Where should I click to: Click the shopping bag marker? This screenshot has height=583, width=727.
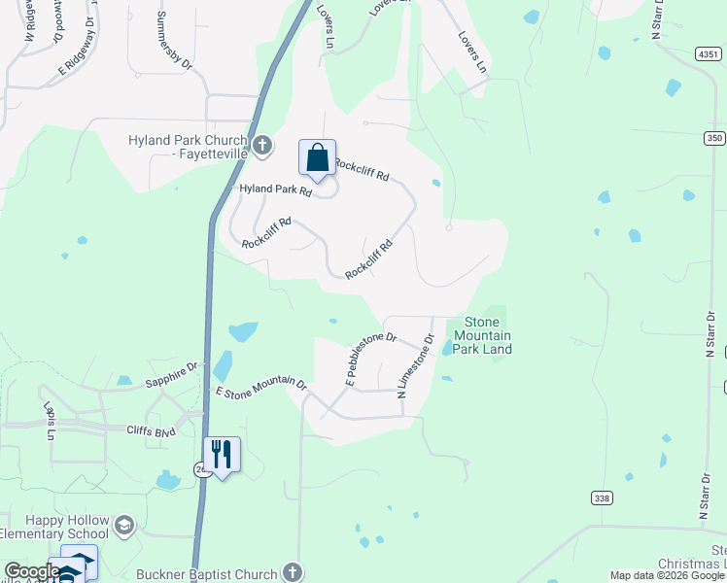click(317, 158)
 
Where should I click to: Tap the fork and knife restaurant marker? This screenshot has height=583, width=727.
click(222, 454)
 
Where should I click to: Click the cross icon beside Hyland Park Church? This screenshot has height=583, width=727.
click(261, 147)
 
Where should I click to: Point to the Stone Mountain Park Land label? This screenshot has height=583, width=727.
click(481, 335)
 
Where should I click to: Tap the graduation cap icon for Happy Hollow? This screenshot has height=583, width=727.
click(124, 527)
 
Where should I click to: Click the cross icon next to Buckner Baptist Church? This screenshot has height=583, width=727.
click(292, 573)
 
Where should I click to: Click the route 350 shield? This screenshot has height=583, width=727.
click(714, 139)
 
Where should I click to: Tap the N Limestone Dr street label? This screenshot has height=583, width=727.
click(415, 366)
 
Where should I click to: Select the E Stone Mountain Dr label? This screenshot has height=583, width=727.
click(261, 388)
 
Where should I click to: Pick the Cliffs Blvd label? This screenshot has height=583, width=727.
click(151, 429)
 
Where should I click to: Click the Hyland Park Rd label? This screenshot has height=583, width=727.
click(275, 190)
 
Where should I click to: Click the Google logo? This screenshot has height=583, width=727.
click(31, 571)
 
